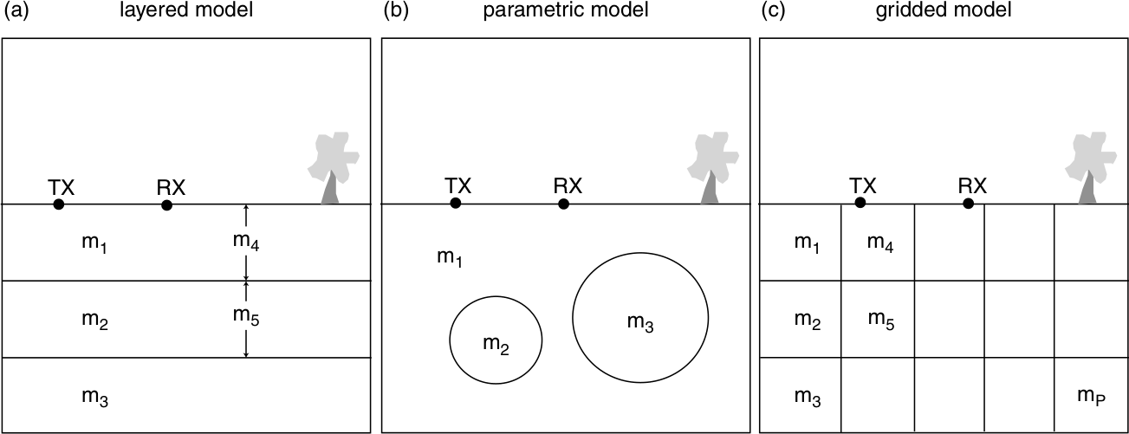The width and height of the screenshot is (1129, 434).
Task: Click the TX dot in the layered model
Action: (x=58, y=204)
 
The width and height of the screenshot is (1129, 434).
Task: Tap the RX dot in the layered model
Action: (x=166, y=205)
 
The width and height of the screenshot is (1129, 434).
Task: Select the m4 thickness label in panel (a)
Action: (x=245, y=243)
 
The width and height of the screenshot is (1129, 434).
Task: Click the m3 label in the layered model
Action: (x=94, y=397)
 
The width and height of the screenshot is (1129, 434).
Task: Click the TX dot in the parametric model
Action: (x=455, y=204)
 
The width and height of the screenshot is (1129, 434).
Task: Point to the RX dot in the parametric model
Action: (x=563, y=204)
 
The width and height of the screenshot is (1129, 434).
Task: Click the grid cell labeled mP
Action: (x=1091, y=395)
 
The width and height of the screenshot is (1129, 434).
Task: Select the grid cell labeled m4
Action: (x=878, y=243)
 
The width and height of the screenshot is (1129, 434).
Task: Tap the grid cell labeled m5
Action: (x=878, y=319)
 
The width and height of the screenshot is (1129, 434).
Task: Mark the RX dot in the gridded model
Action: (x=968, y=204)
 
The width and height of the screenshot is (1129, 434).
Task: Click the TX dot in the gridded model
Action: (x=860, y=203)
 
